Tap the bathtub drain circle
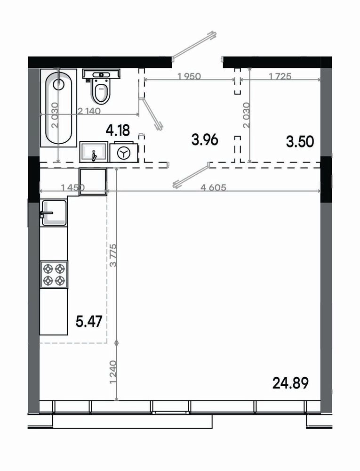(58, 84)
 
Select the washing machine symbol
(124, 153)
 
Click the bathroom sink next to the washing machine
(93, 152)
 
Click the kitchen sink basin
(54, 213)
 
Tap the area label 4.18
(118, 130)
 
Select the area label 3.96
(205, 140)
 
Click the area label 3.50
(300, 141)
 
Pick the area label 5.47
(89, 322)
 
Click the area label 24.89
(290, 383)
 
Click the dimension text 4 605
(214, 188)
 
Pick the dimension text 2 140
(89, 111)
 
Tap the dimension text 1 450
(73, 188)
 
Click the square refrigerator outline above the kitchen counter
(93, 182)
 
